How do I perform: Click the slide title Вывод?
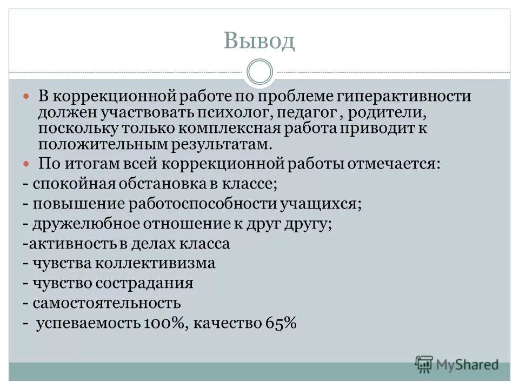pos(259,41)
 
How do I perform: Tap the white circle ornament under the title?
pos(259,72)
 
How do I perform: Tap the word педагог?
pos(302,113)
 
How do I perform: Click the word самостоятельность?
pos(107,303)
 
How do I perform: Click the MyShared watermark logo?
pos(457,364)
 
